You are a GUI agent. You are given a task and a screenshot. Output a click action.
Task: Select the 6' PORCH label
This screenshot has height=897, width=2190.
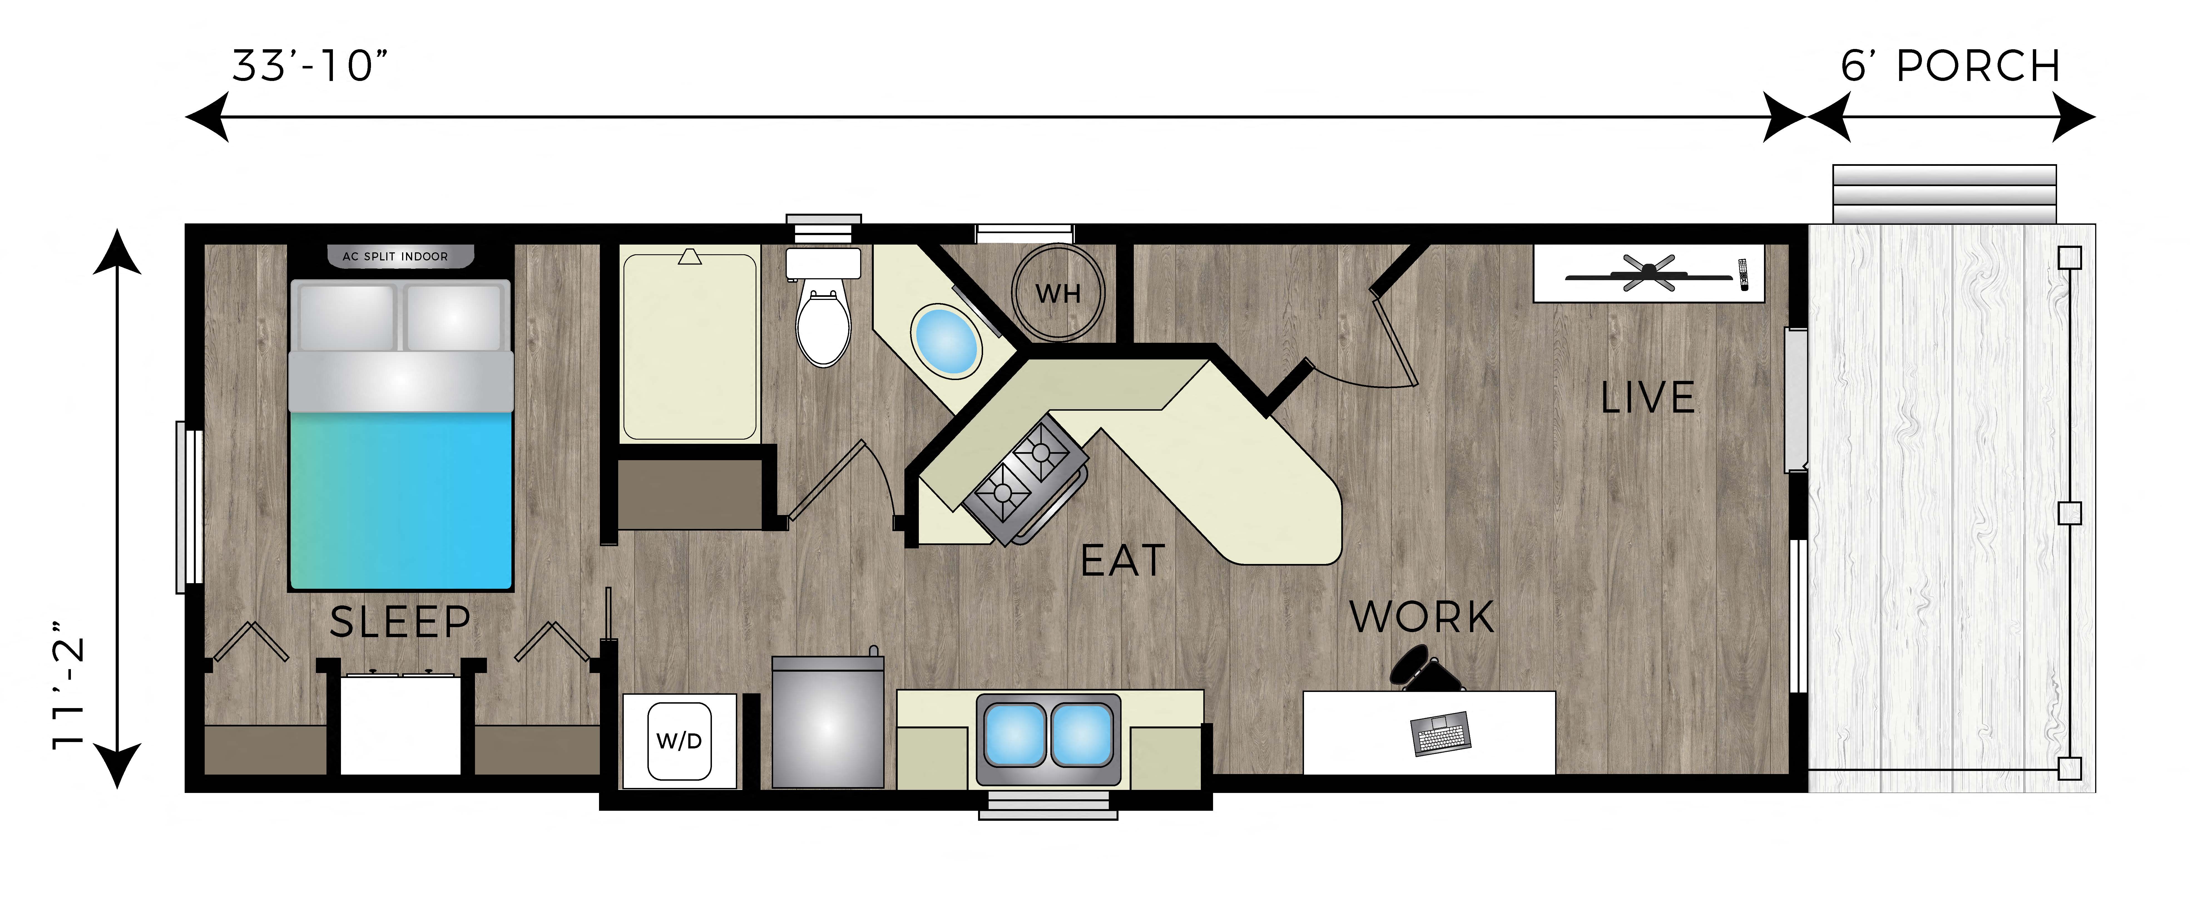[1949, 66]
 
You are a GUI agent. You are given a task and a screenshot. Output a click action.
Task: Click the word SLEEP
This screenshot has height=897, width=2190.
[400, 622]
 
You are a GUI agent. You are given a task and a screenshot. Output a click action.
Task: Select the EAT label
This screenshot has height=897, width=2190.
[1122, 561]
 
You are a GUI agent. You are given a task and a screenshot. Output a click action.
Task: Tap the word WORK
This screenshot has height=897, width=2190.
[1421, 617]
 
